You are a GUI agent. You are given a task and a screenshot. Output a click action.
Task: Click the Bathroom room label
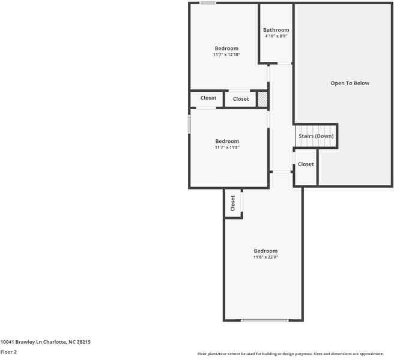coord(276,30)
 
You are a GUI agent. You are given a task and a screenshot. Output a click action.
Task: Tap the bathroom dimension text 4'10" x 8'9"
coord(276,36)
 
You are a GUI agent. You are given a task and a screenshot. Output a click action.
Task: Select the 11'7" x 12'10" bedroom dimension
coord(226,55)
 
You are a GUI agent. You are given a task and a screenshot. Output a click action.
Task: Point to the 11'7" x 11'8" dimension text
coord(226,148)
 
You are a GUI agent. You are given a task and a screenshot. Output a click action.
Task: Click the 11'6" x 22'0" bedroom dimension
coord(265,257)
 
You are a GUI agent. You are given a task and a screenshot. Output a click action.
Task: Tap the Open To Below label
coord(350,83)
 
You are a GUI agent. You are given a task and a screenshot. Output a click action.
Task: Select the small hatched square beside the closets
coord(262,99)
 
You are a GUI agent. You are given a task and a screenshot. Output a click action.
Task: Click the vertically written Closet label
coord(232,204)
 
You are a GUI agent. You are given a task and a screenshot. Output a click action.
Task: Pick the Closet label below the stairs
coord(306,164)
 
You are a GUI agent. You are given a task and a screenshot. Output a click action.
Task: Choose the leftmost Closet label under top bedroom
coord(208,98)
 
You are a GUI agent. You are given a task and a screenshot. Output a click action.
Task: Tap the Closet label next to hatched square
coord(241,99)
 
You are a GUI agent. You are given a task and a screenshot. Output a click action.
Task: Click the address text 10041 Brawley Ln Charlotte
coord(46,342)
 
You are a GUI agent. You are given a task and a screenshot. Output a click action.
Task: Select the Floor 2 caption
coord(8,352)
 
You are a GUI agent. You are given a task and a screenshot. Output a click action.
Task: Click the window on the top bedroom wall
coord(208,3)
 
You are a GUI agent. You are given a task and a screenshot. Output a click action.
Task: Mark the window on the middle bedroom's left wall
coord(189,124)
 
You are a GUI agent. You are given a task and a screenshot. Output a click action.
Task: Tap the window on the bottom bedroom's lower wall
coord(264,320)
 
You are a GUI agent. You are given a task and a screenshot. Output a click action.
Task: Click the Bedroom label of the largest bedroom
coord(265,251)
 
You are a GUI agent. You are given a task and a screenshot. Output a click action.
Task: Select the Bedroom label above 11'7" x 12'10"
coord(226,48)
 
